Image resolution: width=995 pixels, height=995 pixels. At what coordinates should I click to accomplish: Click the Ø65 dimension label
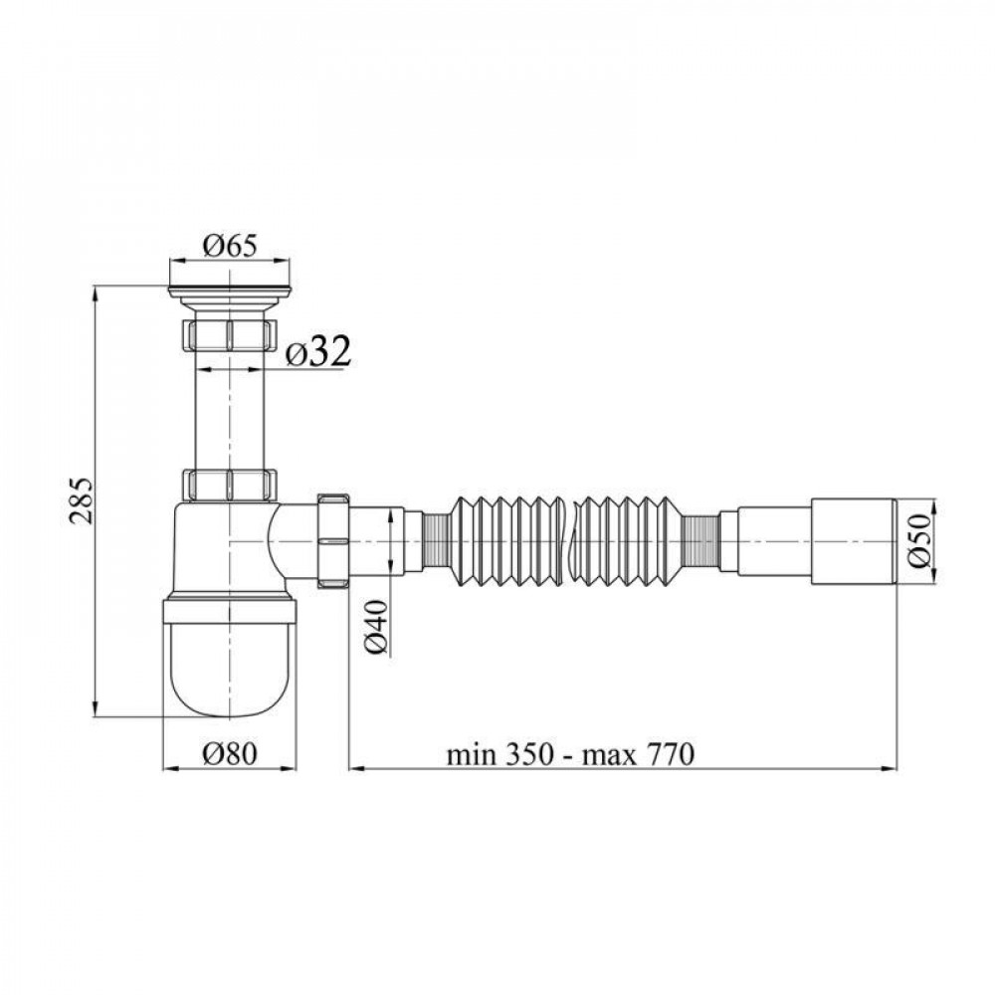230,243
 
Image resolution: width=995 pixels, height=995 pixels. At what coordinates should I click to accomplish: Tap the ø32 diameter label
317,351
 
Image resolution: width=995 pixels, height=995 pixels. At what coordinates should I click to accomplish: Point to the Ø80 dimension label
230,753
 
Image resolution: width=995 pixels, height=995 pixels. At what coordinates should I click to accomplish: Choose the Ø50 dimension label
921,542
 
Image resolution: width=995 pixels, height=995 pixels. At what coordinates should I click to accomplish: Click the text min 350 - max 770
568,753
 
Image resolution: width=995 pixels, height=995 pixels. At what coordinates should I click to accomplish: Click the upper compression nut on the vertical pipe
230,334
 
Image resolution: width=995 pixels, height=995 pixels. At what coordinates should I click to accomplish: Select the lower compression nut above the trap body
230,484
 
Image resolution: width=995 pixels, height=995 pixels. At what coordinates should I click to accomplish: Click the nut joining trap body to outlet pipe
332,541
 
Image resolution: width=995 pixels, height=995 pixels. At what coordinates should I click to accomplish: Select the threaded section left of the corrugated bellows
435,541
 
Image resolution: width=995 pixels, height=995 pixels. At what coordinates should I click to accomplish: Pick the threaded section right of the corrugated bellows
701,541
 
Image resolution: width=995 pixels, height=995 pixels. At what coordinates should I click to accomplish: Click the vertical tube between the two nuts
230,408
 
